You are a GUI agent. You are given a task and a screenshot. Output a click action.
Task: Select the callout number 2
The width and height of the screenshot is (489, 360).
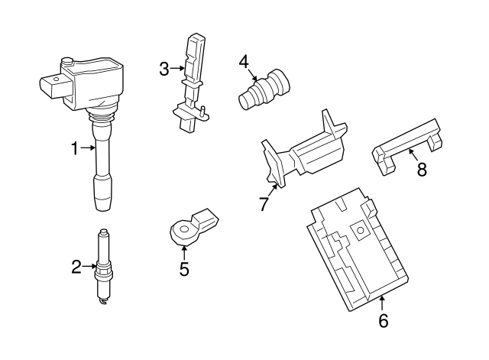point(76,267)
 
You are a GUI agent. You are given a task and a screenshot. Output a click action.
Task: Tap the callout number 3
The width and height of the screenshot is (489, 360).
point(164,70)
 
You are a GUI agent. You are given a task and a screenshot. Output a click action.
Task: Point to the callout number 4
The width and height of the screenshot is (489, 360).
point(243,60)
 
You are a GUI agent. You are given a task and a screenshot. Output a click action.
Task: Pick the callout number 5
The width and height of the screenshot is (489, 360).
point(184,268)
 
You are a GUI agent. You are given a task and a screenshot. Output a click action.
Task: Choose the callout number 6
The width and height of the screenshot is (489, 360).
point(383,321)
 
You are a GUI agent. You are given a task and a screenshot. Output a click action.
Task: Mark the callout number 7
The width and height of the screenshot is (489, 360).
point(264,204)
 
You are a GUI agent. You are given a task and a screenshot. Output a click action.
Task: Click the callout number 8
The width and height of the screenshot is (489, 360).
point(421,170)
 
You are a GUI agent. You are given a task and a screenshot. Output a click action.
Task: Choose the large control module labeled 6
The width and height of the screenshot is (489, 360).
point(355,252)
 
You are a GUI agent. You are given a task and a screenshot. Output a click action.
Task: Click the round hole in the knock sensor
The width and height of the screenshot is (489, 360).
point(182,228)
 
